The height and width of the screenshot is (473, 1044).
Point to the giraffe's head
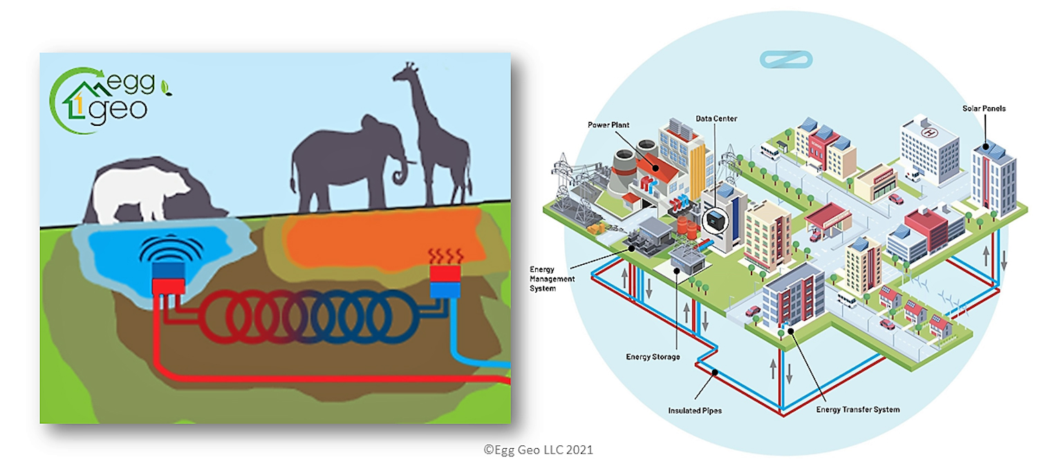404,72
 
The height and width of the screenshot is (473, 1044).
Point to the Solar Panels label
983,109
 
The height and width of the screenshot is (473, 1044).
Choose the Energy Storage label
653,357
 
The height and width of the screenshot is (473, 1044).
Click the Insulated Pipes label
695,411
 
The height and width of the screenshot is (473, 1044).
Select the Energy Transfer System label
857,409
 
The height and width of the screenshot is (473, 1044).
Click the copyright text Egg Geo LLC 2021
538,449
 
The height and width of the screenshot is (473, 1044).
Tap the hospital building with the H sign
929,149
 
